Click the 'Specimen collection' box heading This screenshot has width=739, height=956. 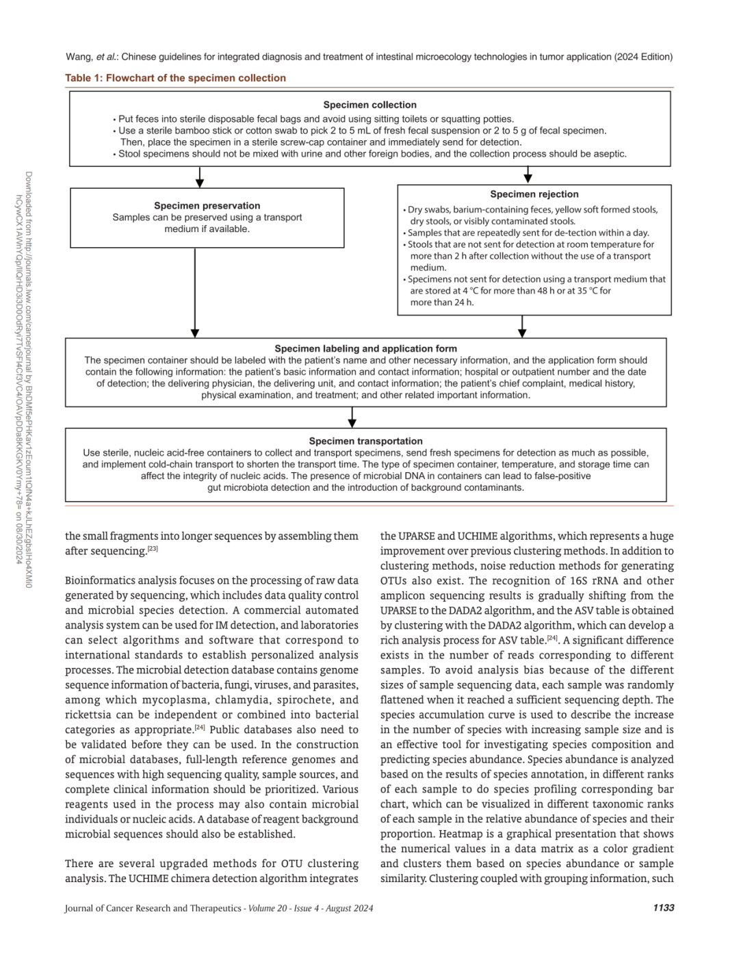(x=369, y=105)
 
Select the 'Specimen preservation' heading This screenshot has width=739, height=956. (x=207, y=205)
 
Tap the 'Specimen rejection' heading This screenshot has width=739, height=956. (x=534, y=194)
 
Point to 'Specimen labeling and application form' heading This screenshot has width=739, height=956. (x=365, y=348)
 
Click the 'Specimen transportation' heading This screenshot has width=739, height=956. (x=365, y=441)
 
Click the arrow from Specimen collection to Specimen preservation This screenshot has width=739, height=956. (x=199, y=177)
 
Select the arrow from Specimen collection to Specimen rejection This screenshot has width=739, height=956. (x=528, y=175)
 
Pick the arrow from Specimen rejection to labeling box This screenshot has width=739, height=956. (x=522, y=326)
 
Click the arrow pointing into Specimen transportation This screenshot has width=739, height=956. (x=352, y=417)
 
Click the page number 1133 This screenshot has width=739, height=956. (x=663, y=907)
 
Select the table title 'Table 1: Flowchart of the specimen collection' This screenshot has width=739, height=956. (x=175, y=78)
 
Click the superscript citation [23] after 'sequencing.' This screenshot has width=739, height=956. (x=153, y=549)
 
